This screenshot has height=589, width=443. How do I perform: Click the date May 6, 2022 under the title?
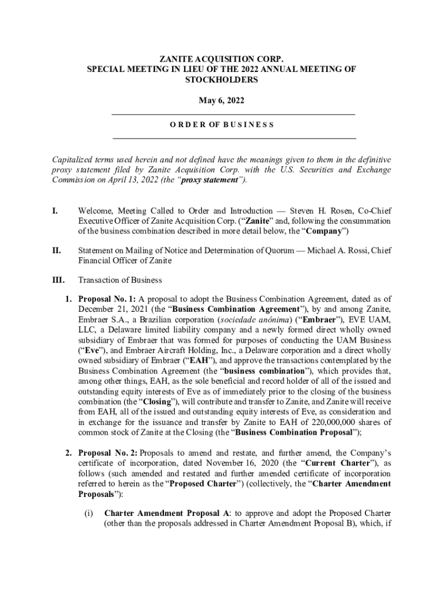pyautogui.click(x=221, y=101)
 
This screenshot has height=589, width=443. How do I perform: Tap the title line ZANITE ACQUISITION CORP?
pyautogui.click(x=221, y=59)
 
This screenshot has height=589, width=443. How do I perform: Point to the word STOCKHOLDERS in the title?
pyautogui.click(x=221, y=80)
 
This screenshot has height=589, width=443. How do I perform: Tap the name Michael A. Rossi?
pyautogui.click(x=335, y=250)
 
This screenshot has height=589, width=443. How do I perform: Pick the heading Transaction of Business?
pyautogui.click(x=120, y=280)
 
